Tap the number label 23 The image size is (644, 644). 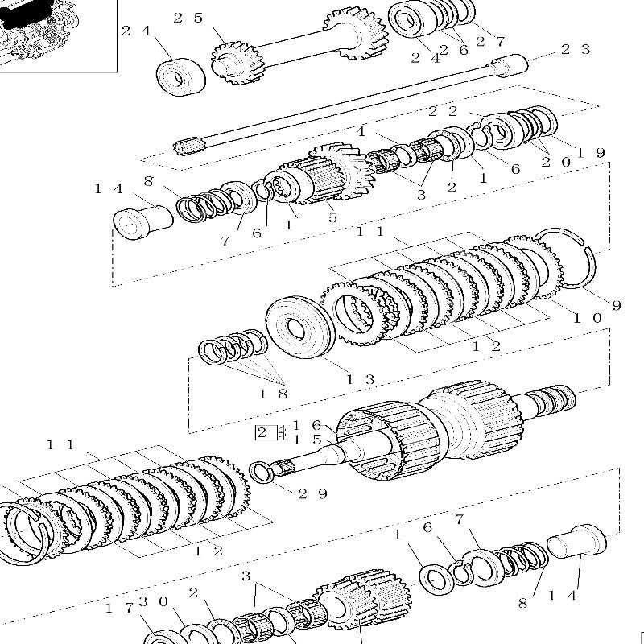(x=575, y=49)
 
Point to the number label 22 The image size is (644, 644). (x=443, y=111)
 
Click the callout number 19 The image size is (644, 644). (x=591, y=152)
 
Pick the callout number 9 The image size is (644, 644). (x=616, y=305)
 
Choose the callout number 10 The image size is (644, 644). (x=587, y=318)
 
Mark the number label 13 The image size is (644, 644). (x=360, y=379)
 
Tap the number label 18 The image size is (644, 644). (x=272, y=394)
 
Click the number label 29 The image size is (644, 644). (x=312, y=493)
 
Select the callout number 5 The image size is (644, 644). (x=332, y=217)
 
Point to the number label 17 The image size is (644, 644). (x=114, y=608)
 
